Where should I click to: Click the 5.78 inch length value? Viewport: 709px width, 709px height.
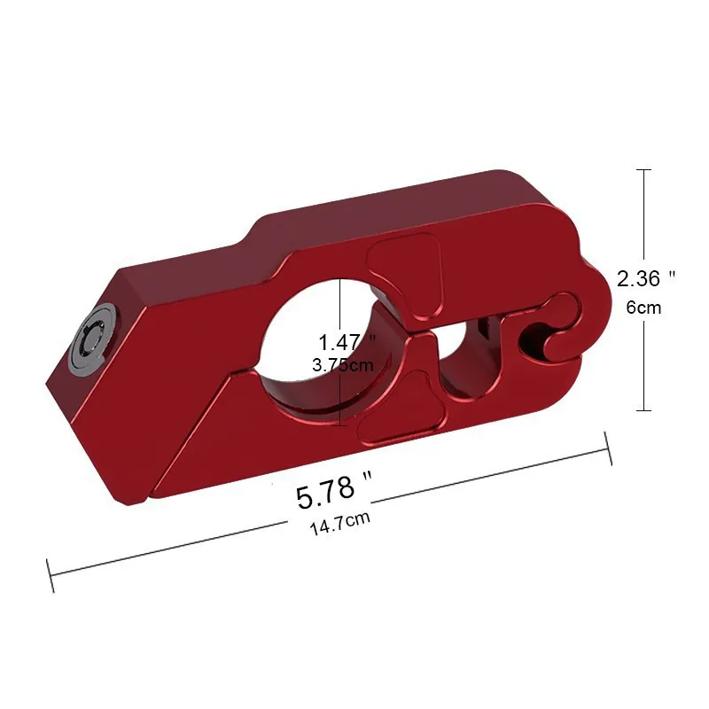(x=324, y=493)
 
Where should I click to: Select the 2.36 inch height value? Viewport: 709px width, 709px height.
(x=638, y=278)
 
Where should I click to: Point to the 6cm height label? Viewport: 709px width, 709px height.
(x=643, y=308)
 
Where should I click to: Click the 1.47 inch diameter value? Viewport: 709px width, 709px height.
(x=340, y=341)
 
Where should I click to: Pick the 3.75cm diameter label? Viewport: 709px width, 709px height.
(x=343, y=364)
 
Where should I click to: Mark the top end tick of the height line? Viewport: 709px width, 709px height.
(x=644, y=169)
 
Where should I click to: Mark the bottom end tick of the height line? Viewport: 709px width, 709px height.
(x=644, y=410)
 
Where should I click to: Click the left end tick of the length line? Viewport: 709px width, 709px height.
(x=51, y=576)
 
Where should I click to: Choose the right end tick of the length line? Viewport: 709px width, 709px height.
(x=609, y=448)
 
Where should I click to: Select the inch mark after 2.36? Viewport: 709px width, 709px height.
(x=673, y=275)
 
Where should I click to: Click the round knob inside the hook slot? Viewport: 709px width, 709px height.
(x=561, y=340)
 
